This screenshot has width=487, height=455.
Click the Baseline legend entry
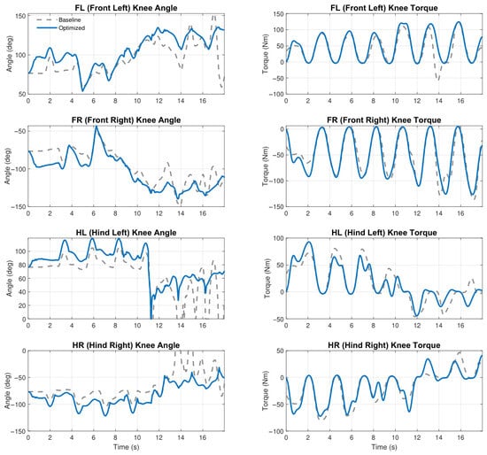[x=58, y=19]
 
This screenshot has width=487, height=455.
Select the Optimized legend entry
[x=61, y=28]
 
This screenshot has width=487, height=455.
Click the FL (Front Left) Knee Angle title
[x=126, y=8]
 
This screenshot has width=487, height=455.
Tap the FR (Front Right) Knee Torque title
[x=384, y=120]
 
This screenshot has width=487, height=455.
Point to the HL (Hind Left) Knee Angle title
[x=126, y=233]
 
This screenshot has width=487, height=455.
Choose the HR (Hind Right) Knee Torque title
[x=384, y=345]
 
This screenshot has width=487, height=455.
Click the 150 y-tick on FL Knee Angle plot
[x=20, y=16]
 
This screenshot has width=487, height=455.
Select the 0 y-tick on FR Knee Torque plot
[x=282, y=129]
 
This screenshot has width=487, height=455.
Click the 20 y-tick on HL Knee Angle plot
[x=22, y=305]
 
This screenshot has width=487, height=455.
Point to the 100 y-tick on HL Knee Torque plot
[x=279, y=238]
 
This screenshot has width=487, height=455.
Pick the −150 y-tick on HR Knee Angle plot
[x=19, y=432]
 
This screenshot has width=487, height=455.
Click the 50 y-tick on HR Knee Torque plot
[x=281, y=351]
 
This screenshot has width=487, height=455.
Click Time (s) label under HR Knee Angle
[x=126, y=447]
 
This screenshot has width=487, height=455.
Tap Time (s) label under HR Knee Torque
[x=384, y=447]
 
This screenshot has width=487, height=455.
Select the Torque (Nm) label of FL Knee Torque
[x=265, y=54]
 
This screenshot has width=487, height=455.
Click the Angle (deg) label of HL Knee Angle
[x=9, y=278]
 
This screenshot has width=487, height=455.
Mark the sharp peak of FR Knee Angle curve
[x=97, y=127]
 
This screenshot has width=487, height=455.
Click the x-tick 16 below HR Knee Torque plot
[x=460, y=438]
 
